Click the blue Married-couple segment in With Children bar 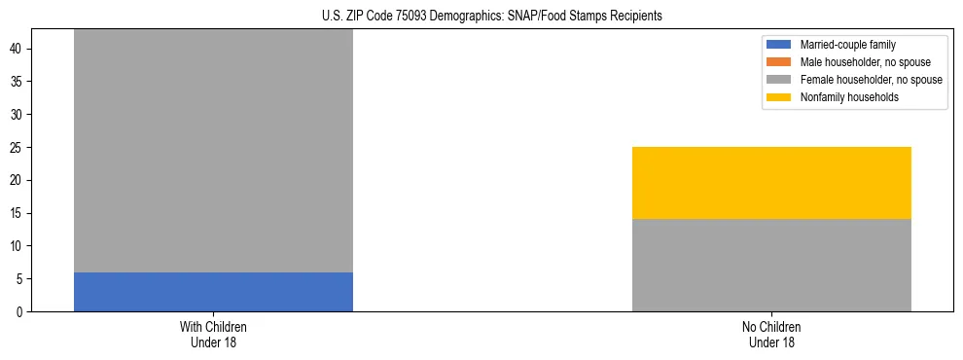pos(213,292)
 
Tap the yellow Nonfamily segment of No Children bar pos(771,183)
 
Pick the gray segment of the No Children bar pos(771,265)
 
